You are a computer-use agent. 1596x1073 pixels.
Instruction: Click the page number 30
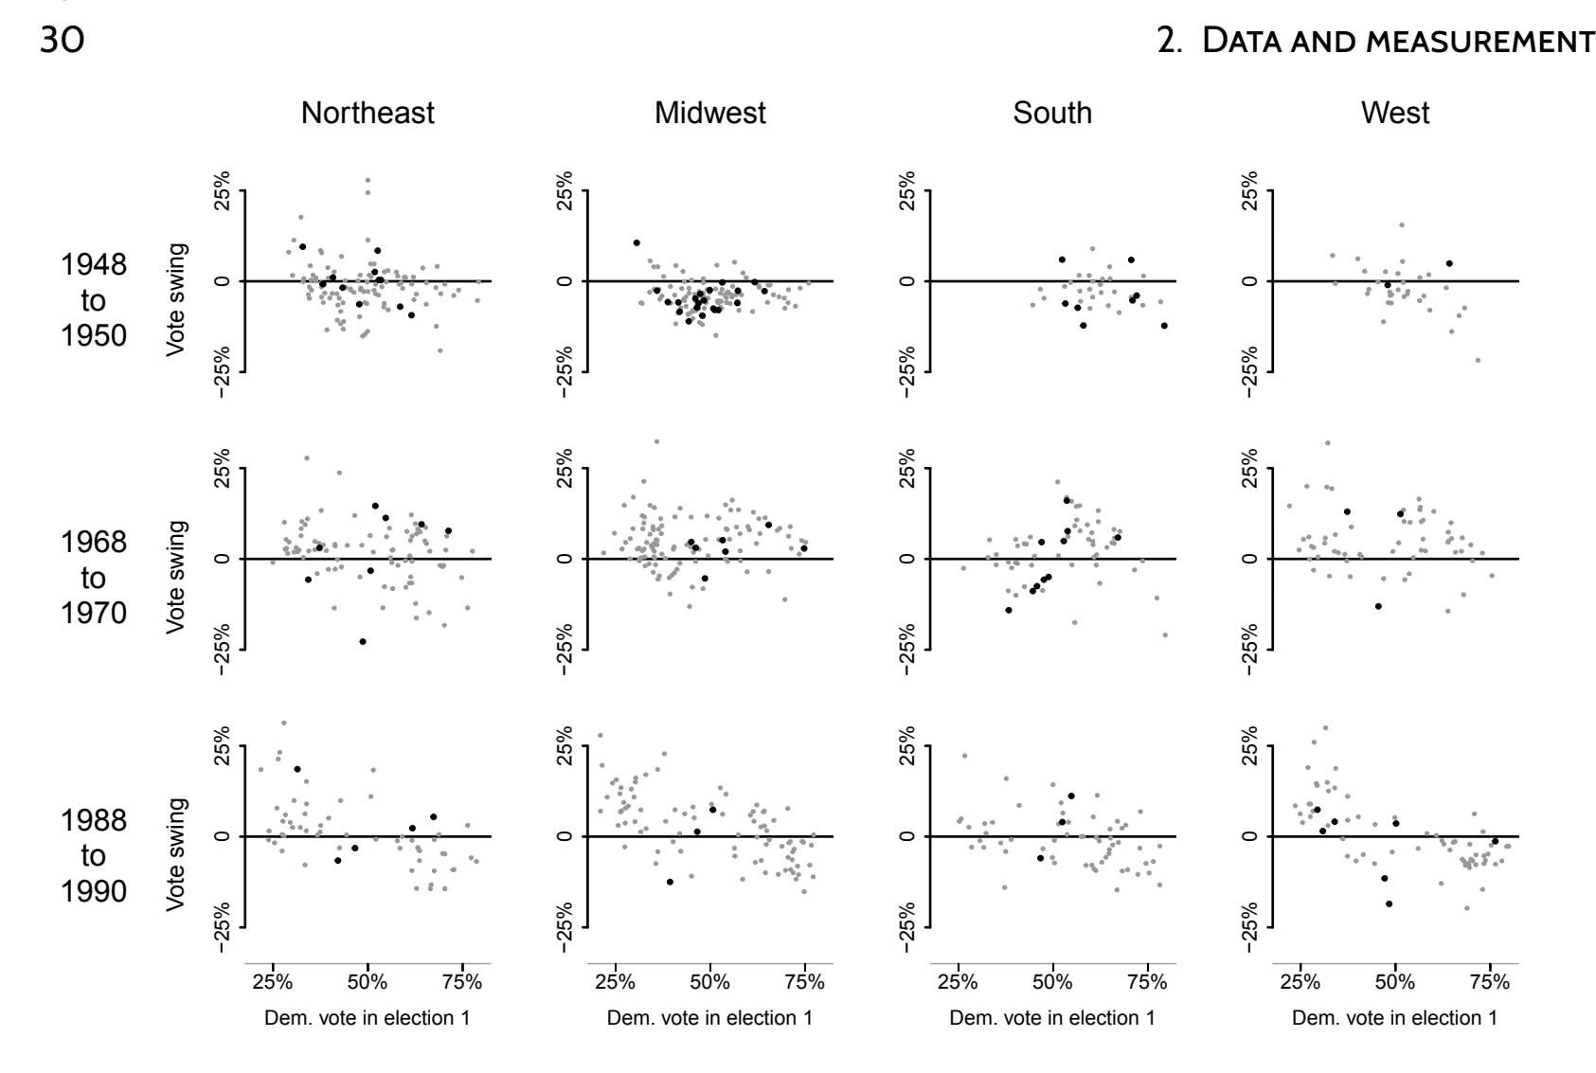pyautogui.click(x=62, y=41)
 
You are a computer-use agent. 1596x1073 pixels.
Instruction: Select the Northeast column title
pyautogui.click(x=368, y=114)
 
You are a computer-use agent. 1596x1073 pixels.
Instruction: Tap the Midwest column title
pyautogui.click(x=709, y=114)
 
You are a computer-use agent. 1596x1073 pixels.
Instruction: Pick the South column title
pyautogui.click(x=1052, y=114)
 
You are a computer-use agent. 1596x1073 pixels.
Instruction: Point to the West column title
pyautogui.click(x=1395, y=114)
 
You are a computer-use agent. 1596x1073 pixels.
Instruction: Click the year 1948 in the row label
pyautogui.click(x=94, y=264)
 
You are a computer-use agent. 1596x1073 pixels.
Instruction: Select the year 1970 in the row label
pyautogui.click(x=94, y=614)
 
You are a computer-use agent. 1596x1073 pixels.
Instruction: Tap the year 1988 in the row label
pyautogui.click(x=94, y=820)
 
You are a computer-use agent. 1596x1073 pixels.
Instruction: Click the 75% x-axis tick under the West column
pyautogui.click(x=1490, y=983)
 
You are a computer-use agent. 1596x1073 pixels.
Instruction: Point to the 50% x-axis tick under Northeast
pyautogui.click(x=368, y=983)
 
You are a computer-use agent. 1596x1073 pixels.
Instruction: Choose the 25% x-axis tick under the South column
pyautogui.click(x=958, y=983)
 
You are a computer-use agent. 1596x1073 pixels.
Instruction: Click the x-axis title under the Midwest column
pyautogui.click(x=709, y=1018)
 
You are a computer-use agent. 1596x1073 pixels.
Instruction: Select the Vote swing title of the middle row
pyautogui.click(x=176, y=578)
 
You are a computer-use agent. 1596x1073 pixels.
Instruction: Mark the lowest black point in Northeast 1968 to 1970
pyautogui.click(x=363, y=642)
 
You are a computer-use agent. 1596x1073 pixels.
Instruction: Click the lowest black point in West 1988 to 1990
pyautogui.click(x=1390, y=904)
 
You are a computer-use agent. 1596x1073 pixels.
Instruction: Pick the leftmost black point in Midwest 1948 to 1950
pyautogui.click(x=637, y=243)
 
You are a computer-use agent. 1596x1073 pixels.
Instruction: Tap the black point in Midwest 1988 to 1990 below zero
pyautogui.click(x=670, y=882)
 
